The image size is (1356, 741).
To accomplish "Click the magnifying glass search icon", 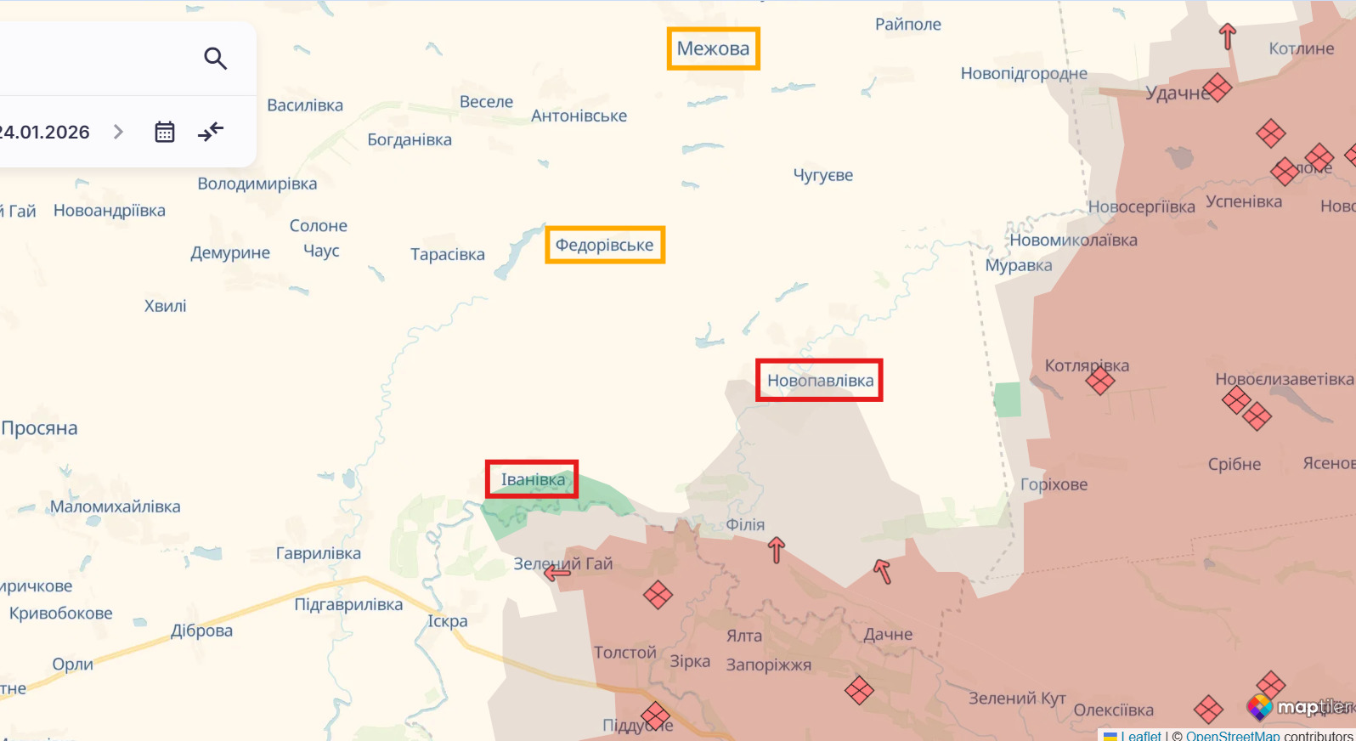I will pyautogui.click(x=215, y=59).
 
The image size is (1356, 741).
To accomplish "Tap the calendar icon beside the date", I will pyautogui.click(x=165, y=132).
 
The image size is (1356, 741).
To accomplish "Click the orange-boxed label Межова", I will pyautogui.click(x=713, y=49).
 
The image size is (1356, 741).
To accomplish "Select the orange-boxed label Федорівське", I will pyautogui.click(x=604, y=245).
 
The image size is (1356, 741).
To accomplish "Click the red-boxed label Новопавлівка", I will pyautogui.click(x=820, y=381).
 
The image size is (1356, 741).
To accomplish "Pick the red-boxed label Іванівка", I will pyautogui.click(x=533, y=479).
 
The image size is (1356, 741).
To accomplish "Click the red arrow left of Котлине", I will pyautogui.click(x=1227, y=37).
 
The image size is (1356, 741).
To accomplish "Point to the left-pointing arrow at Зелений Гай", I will pyautogui.click(x=557, y=574).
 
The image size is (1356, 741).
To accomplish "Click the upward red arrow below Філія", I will pyautogui.click(x=776, y=550).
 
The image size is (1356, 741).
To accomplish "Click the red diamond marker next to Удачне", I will pyautogui.click(x=1217, y=88).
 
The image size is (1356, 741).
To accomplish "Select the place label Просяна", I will pyautogui.click(x=40, y=428).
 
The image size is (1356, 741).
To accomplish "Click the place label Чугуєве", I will pyautogui.click(x=822, y=175).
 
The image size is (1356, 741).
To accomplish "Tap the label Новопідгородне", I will pyautogui.click(x=1023, y=74).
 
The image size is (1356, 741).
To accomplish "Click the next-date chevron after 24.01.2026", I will pyautogui.click(x=119, y=132).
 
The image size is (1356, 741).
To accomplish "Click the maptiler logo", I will pyautogui.click(x=1300, y=707).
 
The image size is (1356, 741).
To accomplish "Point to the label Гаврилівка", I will pyautogui.click(x=318, y=553).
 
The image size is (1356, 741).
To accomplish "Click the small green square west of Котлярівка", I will pyautogui.click(x=1008, y=399).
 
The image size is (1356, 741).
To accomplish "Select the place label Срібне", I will pyautogui.click(x=1234, y=464).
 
